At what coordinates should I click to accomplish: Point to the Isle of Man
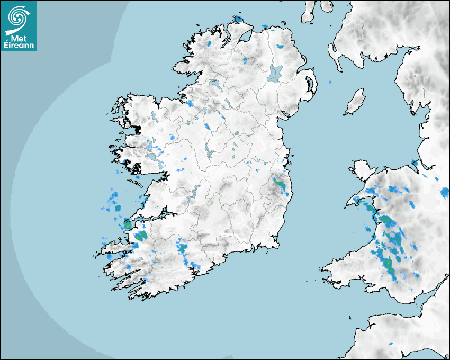(355, 102)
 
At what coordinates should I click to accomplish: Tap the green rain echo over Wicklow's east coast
(280, 186)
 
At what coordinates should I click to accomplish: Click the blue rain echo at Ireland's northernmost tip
(239, 20)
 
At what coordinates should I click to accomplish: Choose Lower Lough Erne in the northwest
(214, 84)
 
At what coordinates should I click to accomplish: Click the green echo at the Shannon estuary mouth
(128, 226)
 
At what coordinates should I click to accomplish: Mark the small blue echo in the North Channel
(330, 83)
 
